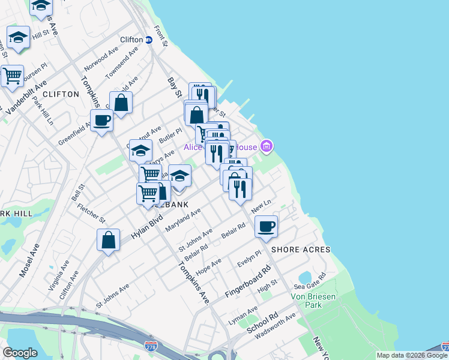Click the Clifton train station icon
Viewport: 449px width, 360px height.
tap(148, 40)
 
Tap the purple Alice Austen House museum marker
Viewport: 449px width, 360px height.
tap(267, 146)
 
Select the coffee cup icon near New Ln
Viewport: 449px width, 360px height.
tap(266, 226)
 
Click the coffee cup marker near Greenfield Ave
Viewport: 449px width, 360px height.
tap(101, 120)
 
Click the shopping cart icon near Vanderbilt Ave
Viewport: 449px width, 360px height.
tap(12, 76)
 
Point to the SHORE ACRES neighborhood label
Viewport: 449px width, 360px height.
tap(301, 250)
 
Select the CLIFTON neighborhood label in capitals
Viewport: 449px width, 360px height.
tap(61, 94)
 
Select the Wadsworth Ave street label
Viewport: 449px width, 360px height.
tap(275, 325)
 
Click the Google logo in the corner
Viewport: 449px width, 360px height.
tap(20, 353)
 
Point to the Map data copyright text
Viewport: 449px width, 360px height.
tap(412, 355)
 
